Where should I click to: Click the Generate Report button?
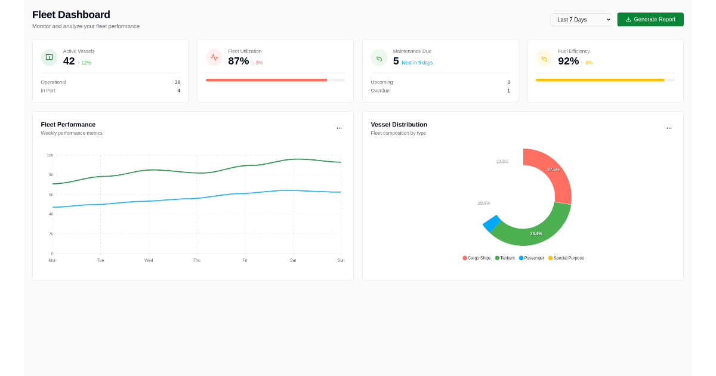tap(650, 20)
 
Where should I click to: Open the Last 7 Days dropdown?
tap(581, 20)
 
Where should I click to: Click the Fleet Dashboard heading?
tap(71, 14)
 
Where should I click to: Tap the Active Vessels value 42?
tap(69, 61)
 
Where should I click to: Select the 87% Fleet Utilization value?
tap(238, 61)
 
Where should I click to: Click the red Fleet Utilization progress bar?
tap(266, 80)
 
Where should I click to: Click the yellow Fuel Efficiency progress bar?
tap(600, 80)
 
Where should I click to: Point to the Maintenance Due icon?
tap(379, 58)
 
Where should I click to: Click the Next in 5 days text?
tap(417, 63)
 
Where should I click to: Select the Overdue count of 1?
tap(508, 91)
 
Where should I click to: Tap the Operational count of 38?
tap(177, 82)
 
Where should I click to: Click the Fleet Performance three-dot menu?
tap(339, 128)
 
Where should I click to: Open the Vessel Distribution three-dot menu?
tap(669, 128)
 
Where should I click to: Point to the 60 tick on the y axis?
tap(50, 195)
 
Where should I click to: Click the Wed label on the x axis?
tap(149, 260)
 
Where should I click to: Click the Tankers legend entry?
tap(505, 258)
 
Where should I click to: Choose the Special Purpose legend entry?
tap(566, 258)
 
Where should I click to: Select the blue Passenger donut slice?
tap(491, 224)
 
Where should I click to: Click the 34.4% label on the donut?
tap(536, 233)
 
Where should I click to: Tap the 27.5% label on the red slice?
tap(553, 169)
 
